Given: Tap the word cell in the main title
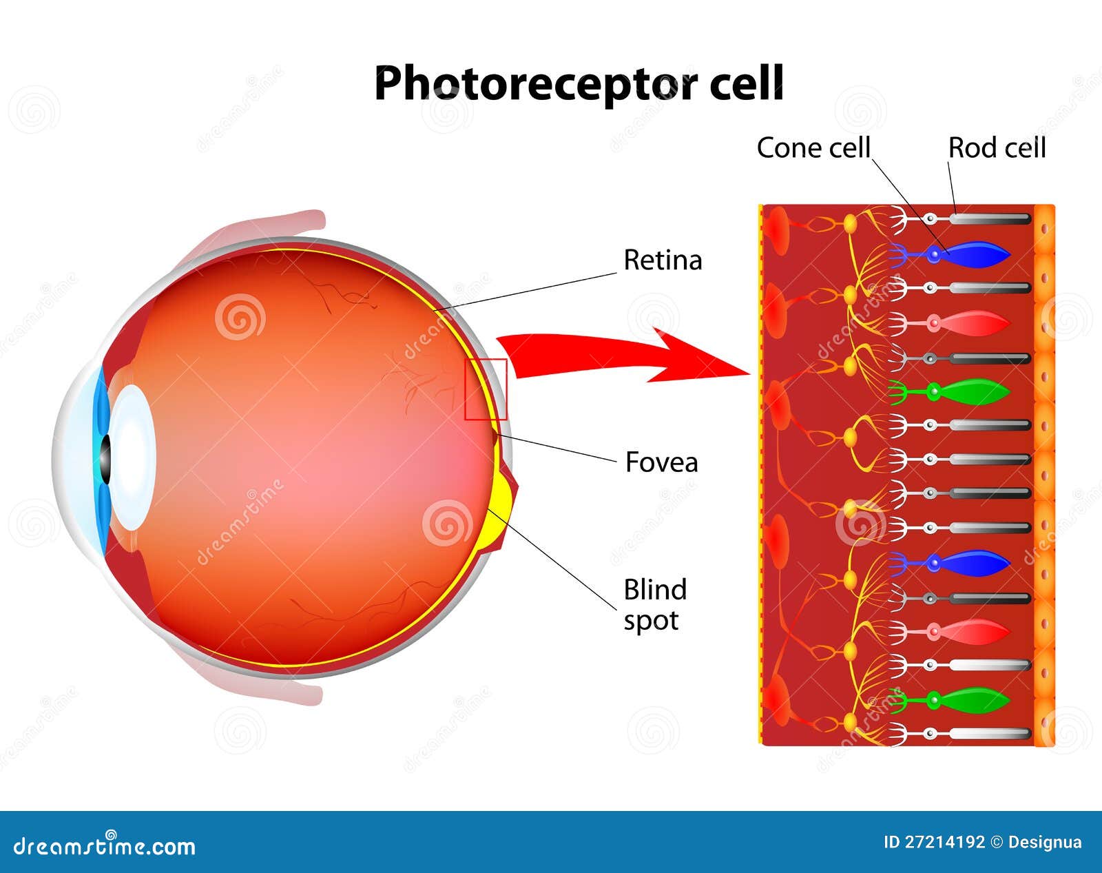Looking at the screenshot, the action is click(747, 82).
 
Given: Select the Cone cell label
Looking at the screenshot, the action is click(813, 148).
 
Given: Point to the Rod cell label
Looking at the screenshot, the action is click(997, 148).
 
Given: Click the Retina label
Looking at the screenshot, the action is click(663, 260).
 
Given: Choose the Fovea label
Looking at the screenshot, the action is click(662, 462).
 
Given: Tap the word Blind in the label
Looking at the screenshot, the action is click(655, 590).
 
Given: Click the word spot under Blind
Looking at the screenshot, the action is click(651, 622).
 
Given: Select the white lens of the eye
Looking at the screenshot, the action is click(132, 458).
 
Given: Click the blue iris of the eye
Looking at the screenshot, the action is click(101, 461).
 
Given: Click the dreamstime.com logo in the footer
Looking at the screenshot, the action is click(104, 846).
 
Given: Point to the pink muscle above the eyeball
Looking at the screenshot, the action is click(256, 231).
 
